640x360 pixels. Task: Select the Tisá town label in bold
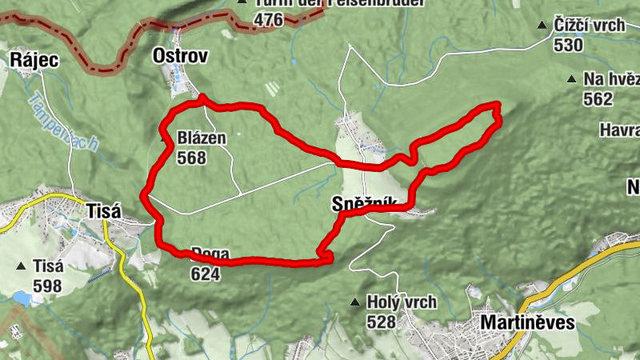click(102, 212)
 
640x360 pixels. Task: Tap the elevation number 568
click(193, 158)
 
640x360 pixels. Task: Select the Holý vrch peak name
click(401, 302)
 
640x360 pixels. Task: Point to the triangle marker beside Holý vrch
click(354, 302)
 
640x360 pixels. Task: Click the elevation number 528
click(381, 322)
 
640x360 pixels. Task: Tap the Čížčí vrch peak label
click(589, 26)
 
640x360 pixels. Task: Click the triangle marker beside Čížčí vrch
click(542, 26)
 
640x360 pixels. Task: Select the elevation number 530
click(568, 45)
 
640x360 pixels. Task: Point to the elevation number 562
click(598, 98)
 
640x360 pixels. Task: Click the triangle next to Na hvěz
click(571, 79)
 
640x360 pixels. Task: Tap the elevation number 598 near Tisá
click(48, 285)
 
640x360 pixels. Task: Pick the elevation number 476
click(269, 19)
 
